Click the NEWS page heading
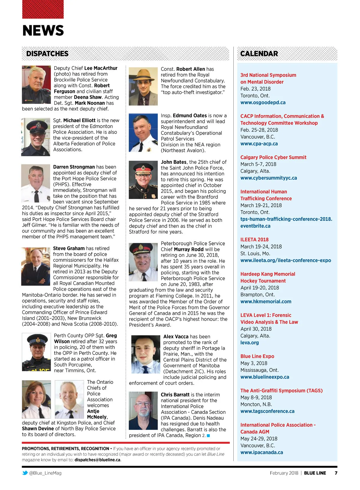pyautogui.click(x=43, y=30)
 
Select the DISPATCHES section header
pyautogui.click(x=47, y=54)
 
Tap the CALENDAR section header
pyautogui.click(x=259, y=54)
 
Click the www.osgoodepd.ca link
pyautogui.click(x=263, y=103)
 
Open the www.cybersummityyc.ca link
pyautogui.click(x=268, y=178)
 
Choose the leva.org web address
pyautogui.click(x=249, y=342)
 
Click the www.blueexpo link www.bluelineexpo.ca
pyautogui.click(x=265, y=377)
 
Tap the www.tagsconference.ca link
pyautogui.click(x=267, y=411)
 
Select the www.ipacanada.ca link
pyautogui.click(x=262, y=452)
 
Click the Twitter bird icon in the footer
pyautogui.click(x=25, y=473)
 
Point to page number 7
pyautogui.click(x=336, y=473)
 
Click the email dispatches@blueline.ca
pyautogui.click(x=97, y=460)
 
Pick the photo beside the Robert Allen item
pyautogui.click(x=143, y=86)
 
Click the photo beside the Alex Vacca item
pyautogui.click(x=146, y=354)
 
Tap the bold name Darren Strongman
pyautogui.click(x=74, y=167)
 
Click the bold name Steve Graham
pyautogui.click(x=69, y=248)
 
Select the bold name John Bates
pyautogui.click(x=174, y=162)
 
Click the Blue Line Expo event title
pyautogui.click(x=257, y=356)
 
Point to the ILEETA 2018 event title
pyautogui.click(x=254, y=240)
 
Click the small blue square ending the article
pyautogui.click(x=208, y=435)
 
